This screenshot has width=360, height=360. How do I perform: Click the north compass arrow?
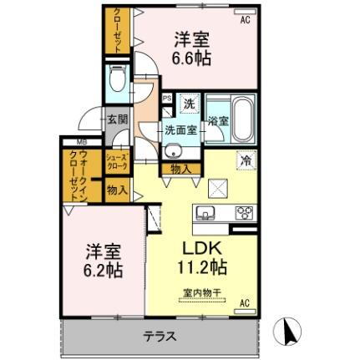290,333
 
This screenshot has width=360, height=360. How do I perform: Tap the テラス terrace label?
159,338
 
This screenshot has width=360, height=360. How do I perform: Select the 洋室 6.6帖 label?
190,48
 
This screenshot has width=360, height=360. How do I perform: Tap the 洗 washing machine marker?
189,104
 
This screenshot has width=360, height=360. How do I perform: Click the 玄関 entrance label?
117,119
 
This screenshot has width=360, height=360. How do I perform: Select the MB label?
83,143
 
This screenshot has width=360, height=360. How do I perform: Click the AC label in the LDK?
246,302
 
